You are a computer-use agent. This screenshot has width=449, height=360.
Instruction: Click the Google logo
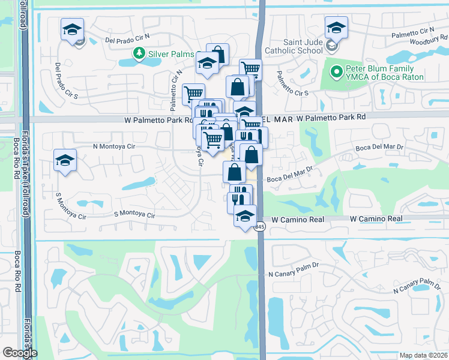(x=20, y=352)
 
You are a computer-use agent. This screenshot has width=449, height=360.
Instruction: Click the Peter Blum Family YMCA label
(x=384, y=73)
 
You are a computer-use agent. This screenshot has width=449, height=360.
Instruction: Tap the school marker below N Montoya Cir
(x=65, y=160)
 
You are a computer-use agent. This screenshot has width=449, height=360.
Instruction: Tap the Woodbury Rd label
(x=424, y=41)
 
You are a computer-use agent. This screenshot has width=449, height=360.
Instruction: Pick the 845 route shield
(x=259, y=227)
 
